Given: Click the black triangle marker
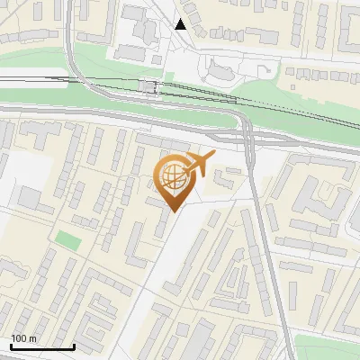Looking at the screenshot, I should coord(181,24).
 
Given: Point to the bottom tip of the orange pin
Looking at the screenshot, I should coord(174,211).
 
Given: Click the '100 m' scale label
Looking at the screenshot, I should coord(23,338).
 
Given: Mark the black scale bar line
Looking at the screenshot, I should coord(41,346).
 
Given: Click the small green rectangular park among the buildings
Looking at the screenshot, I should coord(67,240).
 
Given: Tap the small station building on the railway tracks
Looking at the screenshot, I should coord(148,86).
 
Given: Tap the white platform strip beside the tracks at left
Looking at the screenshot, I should coord(36,79).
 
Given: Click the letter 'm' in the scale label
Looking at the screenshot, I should coord(31,338).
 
